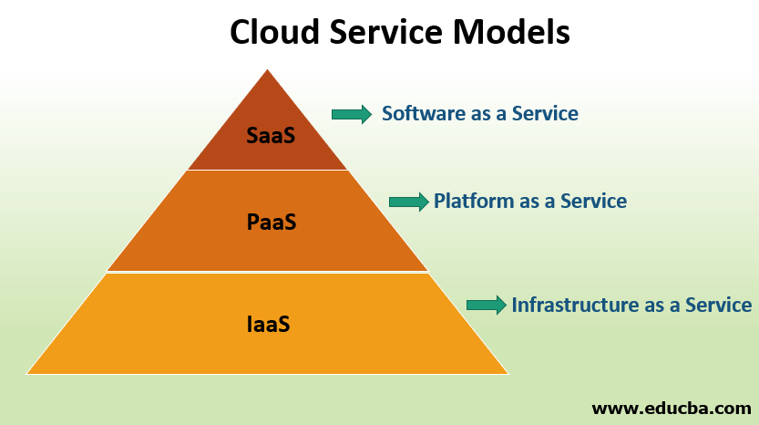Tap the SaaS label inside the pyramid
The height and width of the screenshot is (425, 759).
(x=271, y=136)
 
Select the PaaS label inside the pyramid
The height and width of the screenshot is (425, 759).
(x=271, y=223)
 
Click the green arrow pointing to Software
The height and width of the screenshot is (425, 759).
(x=351, y=114)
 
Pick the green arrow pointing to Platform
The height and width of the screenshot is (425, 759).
(x=408, y=202)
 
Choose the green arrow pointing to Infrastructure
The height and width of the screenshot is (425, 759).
(x=486, y=306)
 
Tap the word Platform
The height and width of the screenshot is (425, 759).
(x=474, y=201)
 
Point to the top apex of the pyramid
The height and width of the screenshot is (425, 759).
(x=267, y=71)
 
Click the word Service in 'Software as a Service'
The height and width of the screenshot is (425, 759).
(x=545, y=114)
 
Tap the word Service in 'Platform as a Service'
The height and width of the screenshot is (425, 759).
(x=593, y=201)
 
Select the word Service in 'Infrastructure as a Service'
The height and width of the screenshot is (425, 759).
(x=718, y=305)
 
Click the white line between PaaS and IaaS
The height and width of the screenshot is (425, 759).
(x=267, y=272)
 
